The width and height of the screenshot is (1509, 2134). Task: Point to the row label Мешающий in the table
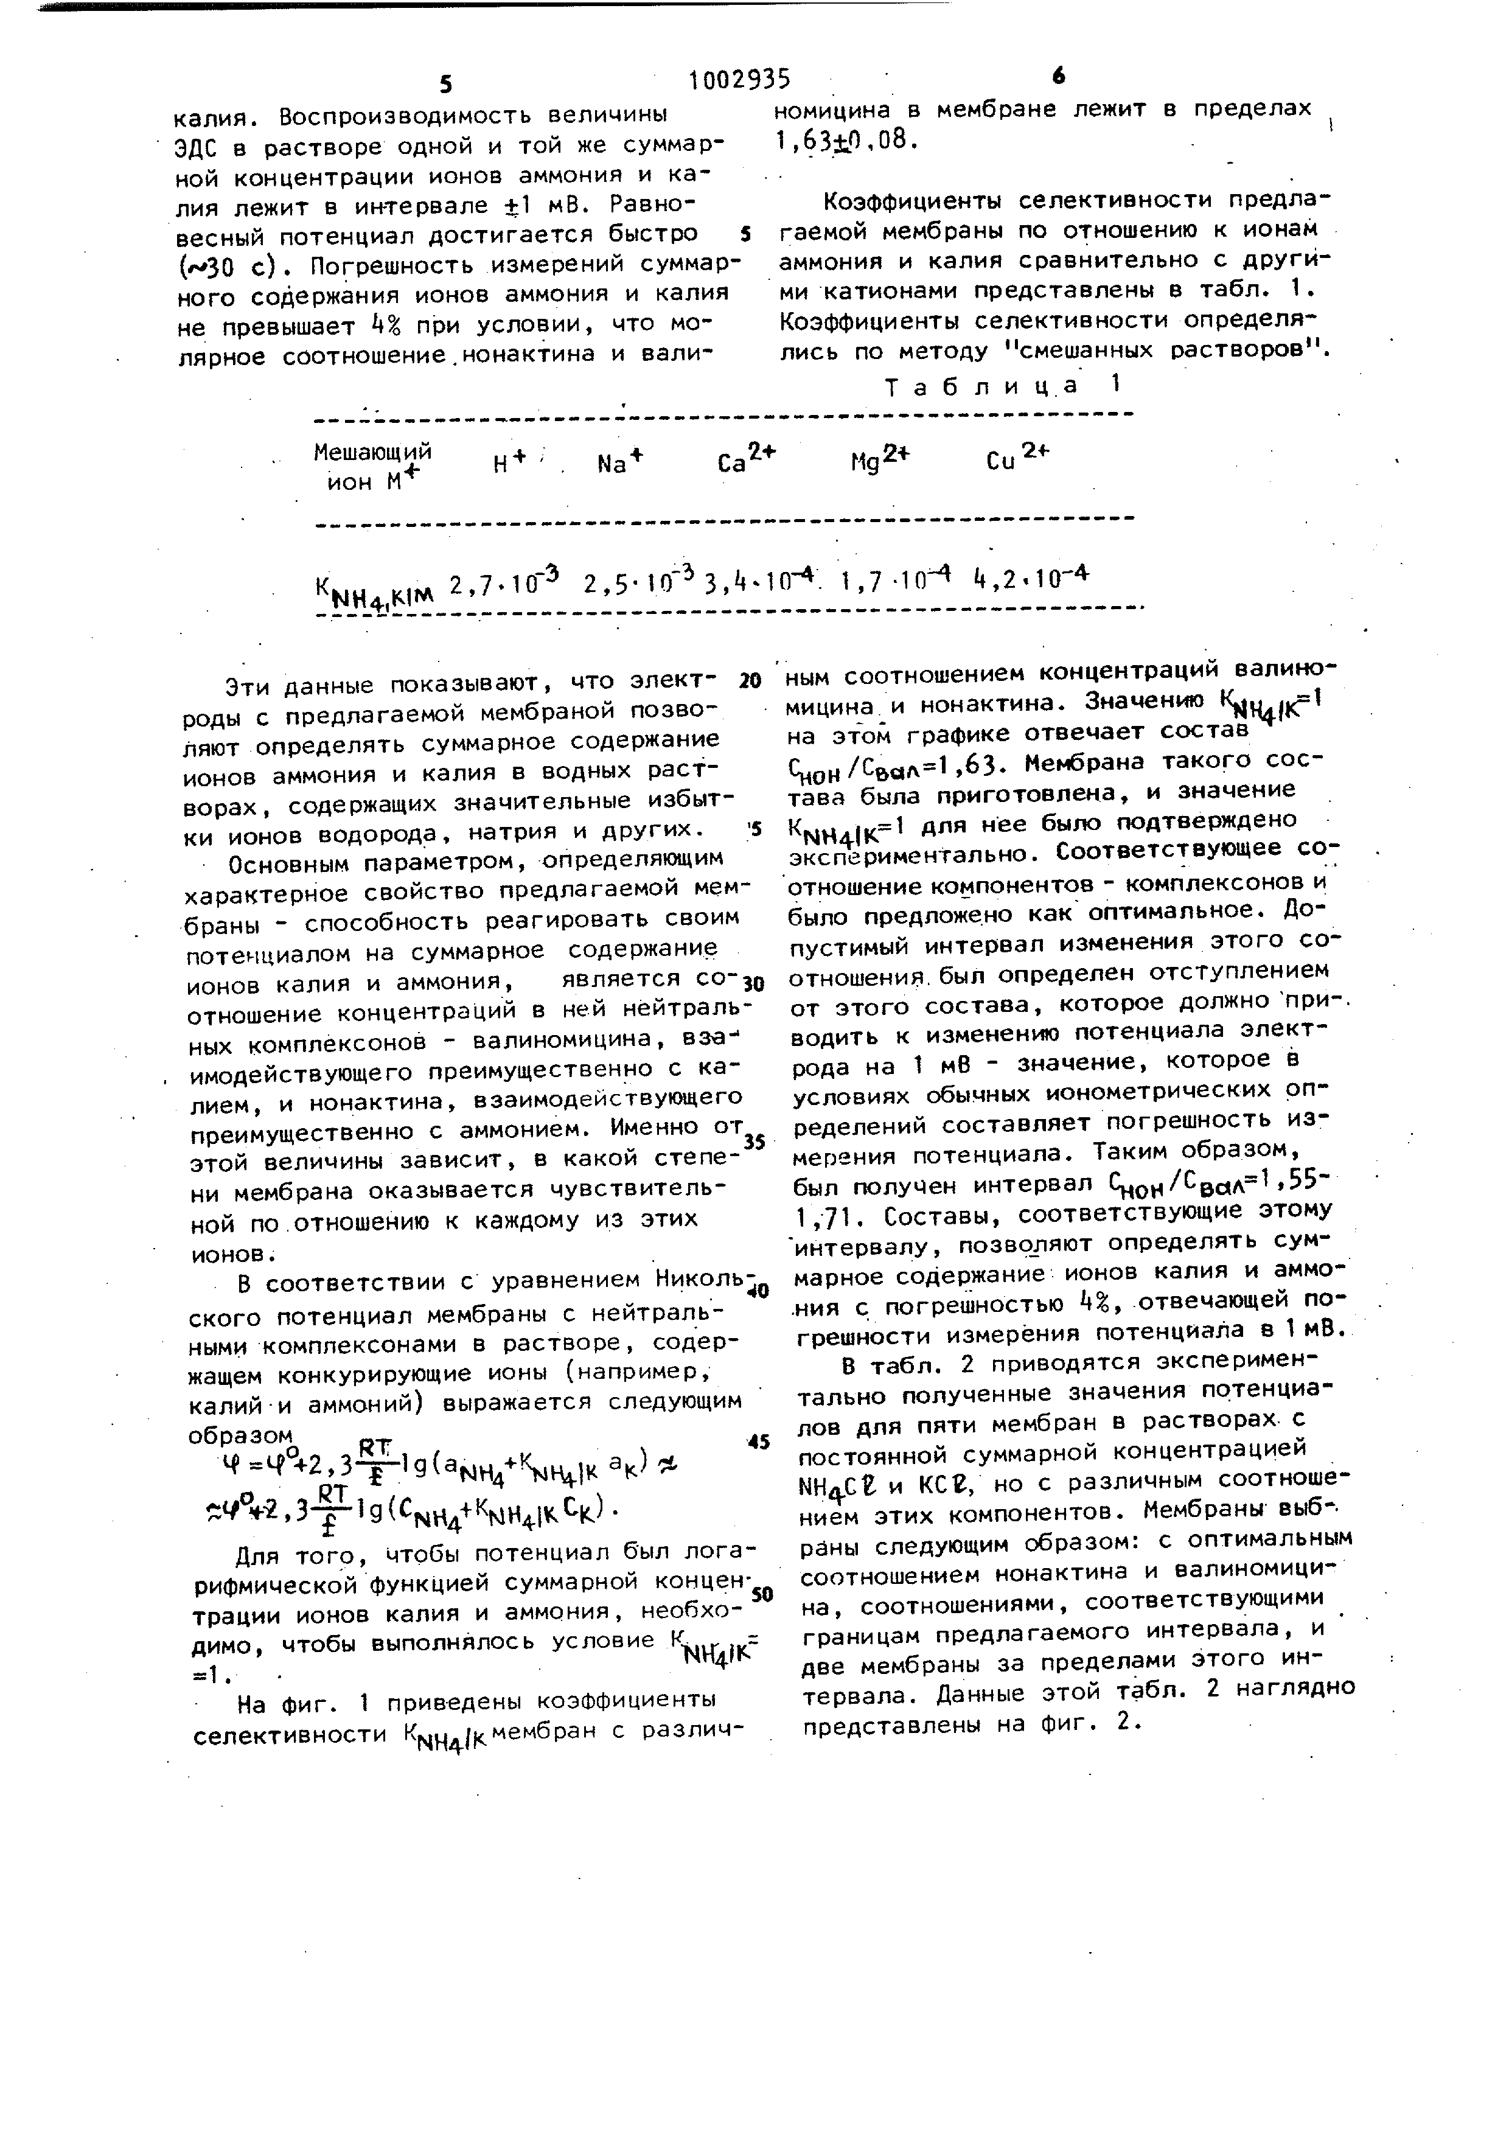(x=372, y=453)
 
